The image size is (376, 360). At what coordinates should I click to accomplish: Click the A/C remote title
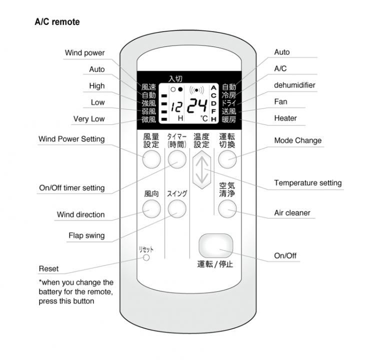[57, 22]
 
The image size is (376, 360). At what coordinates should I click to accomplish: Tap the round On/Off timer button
[176, 159]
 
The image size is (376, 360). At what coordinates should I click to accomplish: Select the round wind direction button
[152, 209]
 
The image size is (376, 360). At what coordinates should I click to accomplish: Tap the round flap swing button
[176, 209]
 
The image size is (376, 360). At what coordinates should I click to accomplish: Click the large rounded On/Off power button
[215, 245]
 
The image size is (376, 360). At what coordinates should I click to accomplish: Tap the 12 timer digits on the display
[175, 106]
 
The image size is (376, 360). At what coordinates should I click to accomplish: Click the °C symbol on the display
[204, 119]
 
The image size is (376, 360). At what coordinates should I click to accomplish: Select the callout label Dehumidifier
[294, 85]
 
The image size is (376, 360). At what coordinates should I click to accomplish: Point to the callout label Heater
[285, 118]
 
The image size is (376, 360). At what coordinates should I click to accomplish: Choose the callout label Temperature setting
[307, 183]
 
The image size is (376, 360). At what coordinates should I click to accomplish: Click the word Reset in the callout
[48, 268]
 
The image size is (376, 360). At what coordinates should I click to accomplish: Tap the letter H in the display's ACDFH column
[213, 119]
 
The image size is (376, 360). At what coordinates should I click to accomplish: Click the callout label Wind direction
[80, 214]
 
